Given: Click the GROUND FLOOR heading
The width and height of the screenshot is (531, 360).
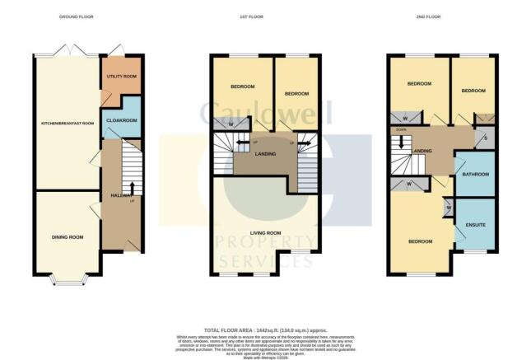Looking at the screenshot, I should (75, 16).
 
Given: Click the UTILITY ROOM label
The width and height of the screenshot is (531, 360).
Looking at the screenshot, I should (121, 77).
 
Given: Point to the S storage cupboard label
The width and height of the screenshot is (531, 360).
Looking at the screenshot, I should (485, 138).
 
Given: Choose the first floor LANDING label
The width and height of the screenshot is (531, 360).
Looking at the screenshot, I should (266, 154).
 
